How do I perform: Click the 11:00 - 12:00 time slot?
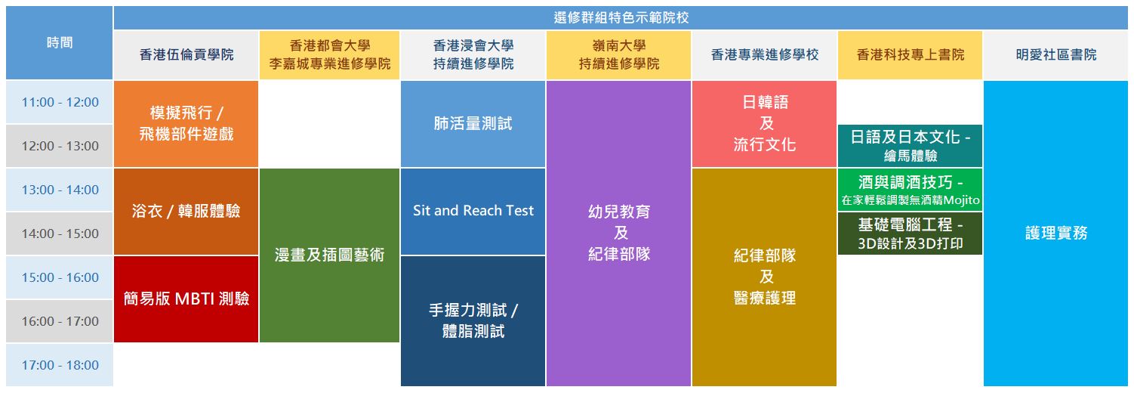pos(60,102)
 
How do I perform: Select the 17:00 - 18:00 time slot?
pos(60,365)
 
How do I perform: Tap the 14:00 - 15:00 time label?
pos(60,234)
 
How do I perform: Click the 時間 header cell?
pos(60,42)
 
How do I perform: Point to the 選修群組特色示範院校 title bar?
pos(621,17)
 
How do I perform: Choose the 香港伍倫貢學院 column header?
pos(186,54)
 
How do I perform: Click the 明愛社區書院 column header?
pos(1056,54)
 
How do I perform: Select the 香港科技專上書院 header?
pos(911,54)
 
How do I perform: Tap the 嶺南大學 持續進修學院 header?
pos(618,54)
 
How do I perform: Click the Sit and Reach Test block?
pos(473,211)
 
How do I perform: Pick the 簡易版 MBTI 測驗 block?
pos(186,299)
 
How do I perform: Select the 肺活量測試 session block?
pos(473,124)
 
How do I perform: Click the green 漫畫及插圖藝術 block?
pos(330,255)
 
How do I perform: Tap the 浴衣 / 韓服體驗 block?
pos(186,211)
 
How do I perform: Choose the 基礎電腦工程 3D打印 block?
pos(911,234)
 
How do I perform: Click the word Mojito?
pos(961,200)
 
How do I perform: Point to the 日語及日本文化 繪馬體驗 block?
pos(911,146)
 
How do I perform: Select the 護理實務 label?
pos(1056,234)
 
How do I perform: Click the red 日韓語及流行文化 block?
pos(765,124)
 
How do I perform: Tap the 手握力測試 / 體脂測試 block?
pos(473,321)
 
